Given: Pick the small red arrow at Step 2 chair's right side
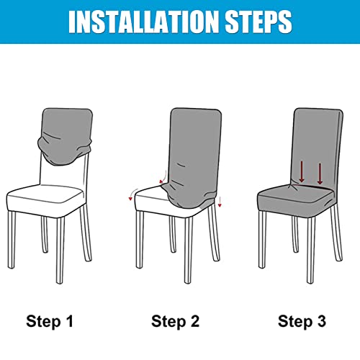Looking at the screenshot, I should [219, 200].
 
